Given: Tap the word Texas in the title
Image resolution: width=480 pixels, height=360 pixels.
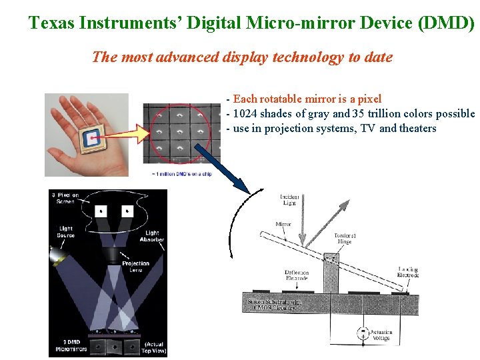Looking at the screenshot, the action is click(51, 23).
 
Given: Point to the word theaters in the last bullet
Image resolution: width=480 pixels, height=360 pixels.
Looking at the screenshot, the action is click(418, 129).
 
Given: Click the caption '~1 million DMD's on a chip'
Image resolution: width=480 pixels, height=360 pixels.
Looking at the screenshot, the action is click(181, 174).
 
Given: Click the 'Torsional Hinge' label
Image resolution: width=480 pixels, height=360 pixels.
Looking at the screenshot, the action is click(345, 239).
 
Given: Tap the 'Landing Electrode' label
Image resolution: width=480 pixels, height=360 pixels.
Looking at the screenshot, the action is click(408, 273).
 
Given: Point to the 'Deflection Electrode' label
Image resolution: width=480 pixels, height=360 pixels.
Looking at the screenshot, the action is click(297, 275).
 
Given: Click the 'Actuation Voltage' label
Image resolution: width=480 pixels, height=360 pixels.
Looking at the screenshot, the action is click(381, 335).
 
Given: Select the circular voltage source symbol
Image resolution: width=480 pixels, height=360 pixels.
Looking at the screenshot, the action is click(363, 332).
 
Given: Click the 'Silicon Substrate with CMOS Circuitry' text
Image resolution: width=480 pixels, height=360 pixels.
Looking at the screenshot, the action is click(275, 305).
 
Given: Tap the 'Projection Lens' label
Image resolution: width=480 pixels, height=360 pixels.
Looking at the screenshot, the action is click(135, 266).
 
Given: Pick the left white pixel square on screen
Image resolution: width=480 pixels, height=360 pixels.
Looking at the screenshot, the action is click(101, 211).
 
